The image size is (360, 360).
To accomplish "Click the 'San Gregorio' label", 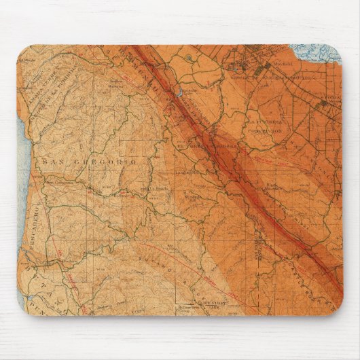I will [89, 162].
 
